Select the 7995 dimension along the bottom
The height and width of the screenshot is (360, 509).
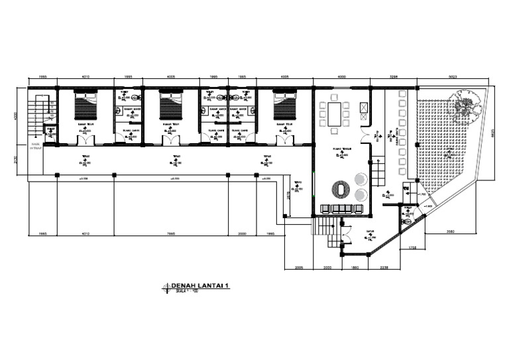tap(171, 233)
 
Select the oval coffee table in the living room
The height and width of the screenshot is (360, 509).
tap(341, 190)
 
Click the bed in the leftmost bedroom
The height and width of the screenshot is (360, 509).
tap(86, 106)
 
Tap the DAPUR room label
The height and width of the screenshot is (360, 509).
tap(368, 232)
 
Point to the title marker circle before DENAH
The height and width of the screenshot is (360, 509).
tap(166, 287)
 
